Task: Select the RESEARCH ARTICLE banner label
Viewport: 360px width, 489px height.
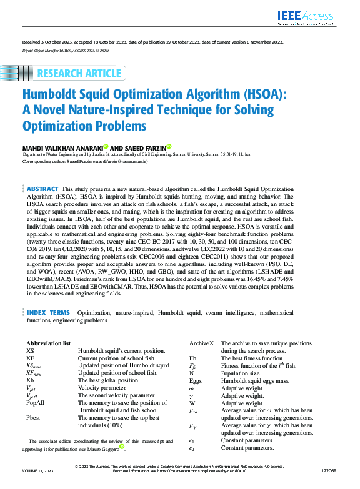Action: click(79, 74)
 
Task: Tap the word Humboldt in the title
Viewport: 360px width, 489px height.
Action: click(56, 96)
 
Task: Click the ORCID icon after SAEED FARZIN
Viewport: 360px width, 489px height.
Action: click(169, 146)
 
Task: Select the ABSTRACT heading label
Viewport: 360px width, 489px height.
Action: click(43, 189)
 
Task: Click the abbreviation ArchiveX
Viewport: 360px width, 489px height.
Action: click(201, 343)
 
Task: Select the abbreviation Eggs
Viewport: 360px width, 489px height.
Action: click(196, 380)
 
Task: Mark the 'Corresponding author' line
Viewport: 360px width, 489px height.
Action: click(85, 161)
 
